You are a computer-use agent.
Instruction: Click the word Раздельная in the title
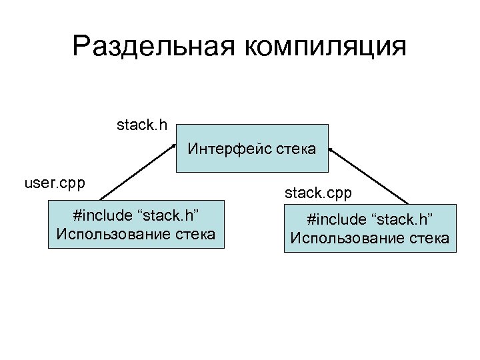[154, 47]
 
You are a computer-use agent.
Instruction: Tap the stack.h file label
[142, 124]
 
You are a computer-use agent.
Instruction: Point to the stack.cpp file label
[318, 193]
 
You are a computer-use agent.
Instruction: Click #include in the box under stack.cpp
[333, 220]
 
